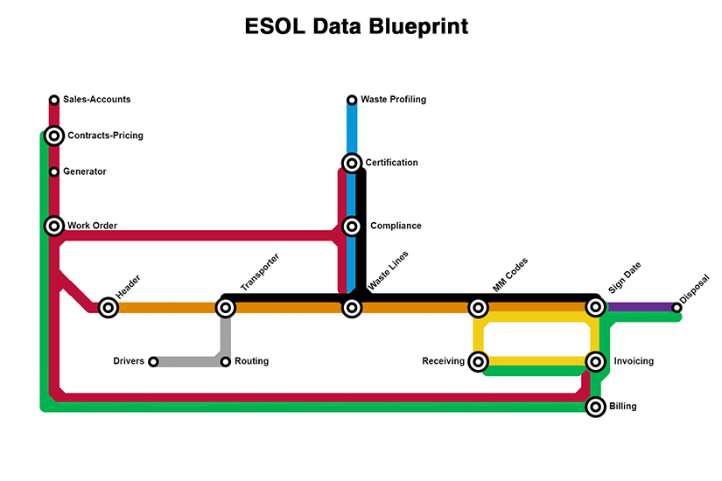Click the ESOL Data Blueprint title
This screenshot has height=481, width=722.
(356, 26)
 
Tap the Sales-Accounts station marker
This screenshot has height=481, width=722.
(54, 100)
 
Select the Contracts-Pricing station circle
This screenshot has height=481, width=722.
(54, 136)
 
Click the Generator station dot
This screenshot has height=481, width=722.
(54, 171)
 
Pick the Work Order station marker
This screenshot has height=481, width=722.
(54, 226)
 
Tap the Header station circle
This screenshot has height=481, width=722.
(108, 307)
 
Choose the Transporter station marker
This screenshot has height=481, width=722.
(226, 307)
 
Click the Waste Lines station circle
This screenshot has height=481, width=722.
(352, 307)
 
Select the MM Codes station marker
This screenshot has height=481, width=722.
(478, 307)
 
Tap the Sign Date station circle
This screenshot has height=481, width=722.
(595, 307)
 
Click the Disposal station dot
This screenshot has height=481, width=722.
(676, 307)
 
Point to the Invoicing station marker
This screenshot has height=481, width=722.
(595, 361)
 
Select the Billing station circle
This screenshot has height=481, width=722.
(595, 407)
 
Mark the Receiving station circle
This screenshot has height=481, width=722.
(478, 361)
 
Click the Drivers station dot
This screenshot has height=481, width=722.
(153, 362)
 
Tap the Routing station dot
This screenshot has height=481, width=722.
(226, 362)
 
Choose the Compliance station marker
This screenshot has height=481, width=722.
(352, 227)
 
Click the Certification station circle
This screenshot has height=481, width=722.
(352, 163)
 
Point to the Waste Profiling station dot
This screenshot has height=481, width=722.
(352, 100)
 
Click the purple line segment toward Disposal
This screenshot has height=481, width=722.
(639, 307)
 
